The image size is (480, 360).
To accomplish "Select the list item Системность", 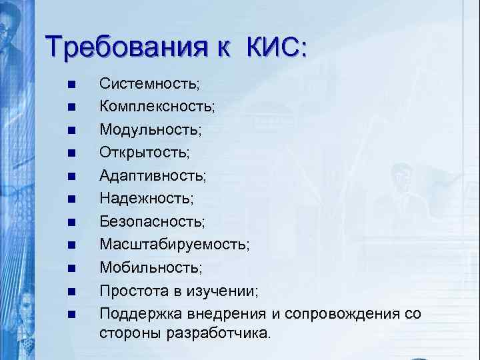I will (x=149, y=84).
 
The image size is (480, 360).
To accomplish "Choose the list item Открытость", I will (x=144, y=152).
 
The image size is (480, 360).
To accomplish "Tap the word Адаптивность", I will (x=153, y=175).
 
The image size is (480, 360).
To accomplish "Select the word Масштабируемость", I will (x=175, y=244).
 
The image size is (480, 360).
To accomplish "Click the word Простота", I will (x=130, y=290).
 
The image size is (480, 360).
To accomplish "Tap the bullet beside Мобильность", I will (x=70, y=267).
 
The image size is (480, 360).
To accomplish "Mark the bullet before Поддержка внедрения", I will (x=70, y=313).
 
